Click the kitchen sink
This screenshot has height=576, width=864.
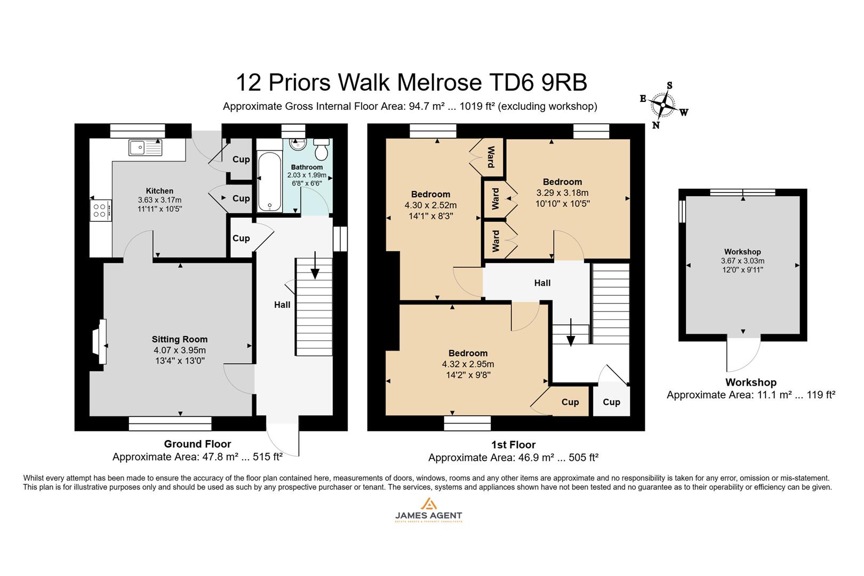coord(145,148)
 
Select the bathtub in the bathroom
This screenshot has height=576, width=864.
coord(268,181)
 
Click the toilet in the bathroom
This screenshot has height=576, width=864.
coord(321,150)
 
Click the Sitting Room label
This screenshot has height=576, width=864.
coord(180,339)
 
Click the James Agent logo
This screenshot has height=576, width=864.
coord(428,510)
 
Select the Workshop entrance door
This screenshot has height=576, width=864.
coord(743,354)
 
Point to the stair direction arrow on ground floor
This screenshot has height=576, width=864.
coord(315,266)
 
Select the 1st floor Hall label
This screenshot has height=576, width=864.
coord(542,283)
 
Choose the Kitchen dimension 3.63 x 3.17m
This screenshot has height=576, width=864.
coord(159,200)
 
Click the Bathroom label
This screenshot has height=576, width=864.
coord(307,167)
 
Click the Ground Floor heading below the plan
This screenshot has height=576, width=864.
coord(197,444)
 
